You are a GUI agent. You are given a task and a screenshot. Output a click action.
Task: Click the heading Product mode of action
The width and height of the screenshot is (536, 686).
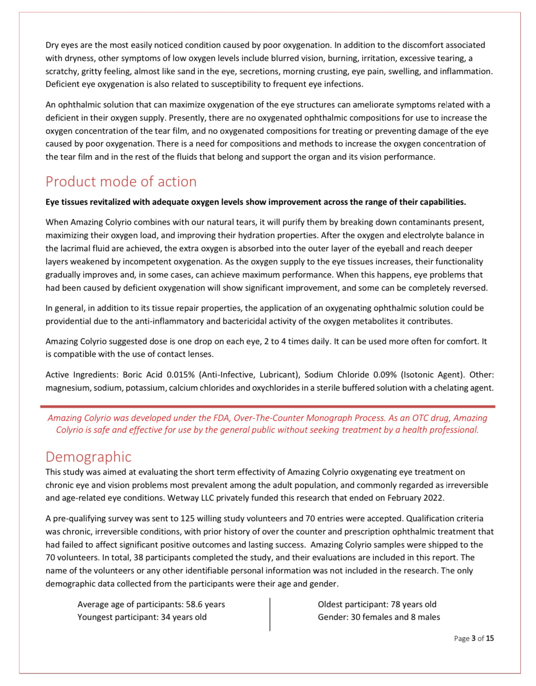121,181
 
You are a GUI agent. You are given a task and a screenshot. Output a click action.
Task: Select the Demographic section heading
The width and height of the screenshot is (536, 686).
88,457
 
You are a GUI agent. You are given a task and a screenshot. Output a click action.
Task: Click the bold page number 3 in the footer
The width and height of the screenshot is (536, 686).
473,639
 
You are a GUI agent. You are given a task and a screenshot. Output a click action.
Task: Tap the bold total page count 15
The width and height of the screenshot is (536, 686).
490,639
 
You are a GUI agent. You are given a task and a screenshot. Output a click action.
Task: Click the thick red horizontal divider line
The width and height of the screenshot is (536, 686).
268,407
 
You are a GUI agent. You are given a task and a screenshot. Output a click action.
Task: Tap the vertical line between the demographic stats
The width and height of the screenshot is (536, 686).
270,614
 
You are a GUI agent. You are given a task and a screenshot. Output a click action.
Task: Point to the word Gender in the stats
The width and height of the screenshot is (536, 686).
331,617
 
